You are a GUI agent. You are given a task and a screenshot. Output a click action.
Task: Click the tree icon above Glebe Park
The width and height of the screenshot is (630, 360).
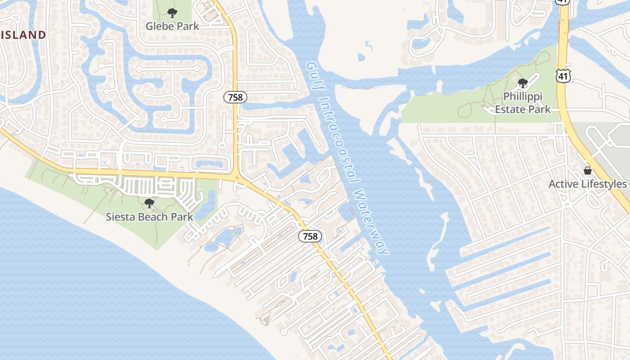coord(172,13)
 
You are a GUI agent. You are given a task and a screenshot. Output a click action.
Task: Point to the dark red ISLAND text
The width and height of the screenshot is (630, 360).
coord(23,35)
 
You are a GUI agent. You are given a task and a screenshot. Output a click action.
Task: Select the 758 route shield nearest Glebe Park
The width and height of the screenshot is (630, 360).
coord(235,97)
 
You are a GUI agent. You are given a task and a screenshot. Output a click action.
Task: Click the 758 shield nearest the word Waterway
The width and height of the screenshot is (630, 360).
coord(310,236)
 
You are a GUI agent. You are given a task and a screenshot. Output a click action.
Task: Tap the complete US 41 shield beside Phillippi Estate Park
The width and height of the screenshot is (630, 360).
coord(563,76)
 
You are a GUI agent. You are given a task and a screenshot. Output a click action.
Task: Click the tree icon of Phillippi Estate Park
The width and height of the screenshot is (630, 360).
coord(522,83)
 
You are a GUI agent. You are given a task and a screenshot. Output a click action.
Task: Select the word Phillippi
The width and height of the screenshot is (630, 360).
coord(522,97)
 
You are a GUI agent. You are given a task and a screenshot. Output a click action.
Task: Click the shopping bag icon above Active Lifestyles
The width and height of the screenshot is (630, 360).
coord(587,171)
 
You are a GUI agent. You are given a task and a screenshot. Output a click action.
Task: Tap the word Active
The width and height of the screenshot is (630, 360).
coord(563,184)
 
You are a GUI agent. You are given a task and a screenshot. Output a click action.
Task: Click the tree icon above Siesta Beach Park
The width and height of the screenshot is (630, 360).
coord(149,203)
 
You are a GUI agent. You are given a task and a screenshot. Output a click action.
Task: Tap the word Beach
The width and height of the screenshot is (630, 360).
coord(154,217)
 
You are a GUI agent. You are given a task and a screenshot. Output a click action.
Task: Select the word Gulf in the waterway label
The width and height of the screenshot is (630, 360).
coord(314,76)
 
